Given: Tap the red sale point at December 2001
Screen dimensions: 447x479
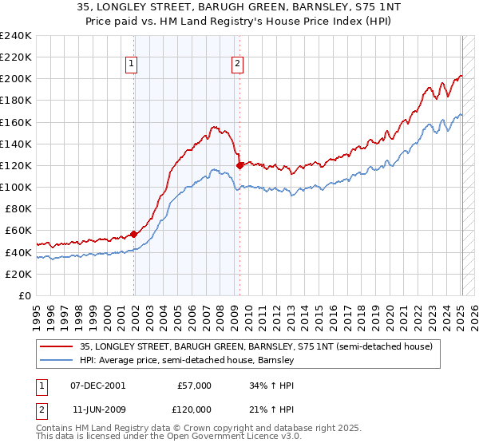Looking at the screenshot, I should point(133,234).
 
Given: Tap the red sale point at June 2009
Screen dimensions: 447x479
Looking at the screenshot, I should point(240,165).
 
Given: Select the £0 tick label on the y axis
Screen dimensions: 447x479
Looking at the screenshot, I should point(24,295).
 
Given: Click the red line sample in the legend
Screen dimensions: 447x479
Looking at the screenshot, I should point(57,346).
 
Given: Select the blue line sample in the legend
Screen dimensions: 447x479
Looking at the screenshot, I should point(57,360).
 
